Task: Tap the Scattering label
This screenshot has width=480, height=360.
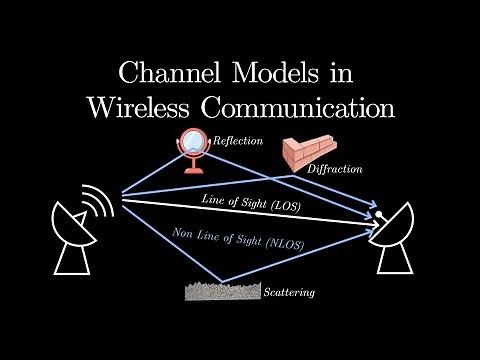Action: (291, 293)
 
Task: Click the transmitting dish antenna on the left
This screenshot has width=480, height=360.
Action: (75, 231)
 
